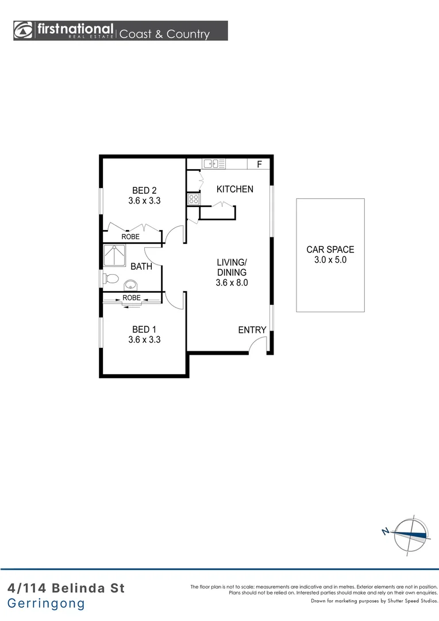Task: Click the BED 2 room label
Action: (144, 190)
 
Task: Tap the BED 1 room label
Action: (144, 329)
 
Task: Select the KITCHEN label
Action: (234, 189)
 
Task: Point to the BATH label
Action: (141, 266)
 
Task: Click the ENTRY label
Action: (252, 330)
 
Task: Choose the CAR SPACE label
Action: (330, 250)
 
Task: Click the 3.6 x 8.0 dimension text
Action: (232, 282)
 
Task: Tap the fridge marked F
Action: (259, 164)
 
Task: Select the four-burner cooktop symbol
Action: (193, 200)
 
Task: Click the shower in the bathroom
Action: (114, 256)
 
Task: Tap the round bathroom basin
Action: (132, 284)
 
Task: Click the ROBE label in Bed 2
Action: (130, 236)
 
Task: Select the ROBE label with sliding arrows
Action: (131, 298)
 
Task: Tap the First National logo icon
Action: (24, 30)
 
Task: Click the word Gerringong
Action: (46, 604)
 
